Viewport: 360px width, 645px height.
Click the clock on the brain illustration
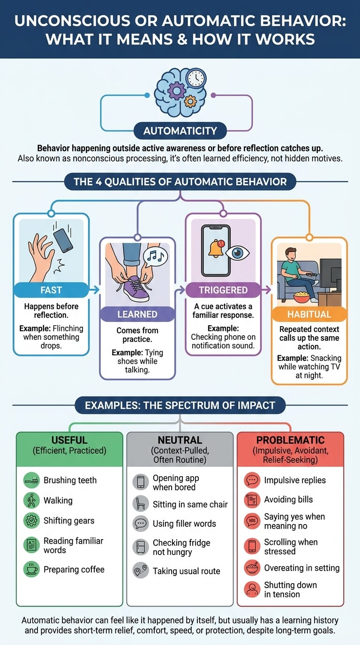tap(196, 78)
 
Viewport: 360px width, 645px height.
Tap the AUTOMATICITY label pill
tap(180, 131)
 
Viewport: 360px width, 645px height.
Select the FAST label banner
tap(51, 290)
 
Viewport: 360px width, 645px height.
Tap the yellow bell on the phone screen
tap(216, 248)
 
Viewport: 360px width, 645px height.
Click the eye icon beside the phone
tap(237, 253)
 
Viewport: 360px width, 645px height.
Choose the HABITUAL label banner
tap(309, 314)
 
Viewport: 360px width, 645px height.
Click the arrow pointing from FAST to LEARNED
tap(94, 290)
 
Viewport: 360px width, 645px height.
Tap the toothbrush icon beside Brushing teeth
tap(31, 480)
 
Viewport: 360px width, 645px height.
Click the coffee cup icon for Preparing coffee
tap(31, 569)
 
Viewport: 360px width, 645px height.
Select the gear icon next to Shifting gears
tap(31, 520)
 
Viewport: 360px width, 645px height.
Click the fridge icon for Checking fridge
tap(141, 547)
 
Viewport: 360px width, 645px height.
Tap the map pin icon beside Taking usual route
tap(141, 570)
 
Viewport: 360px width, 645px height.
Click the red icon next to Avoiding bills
tap(252, 500)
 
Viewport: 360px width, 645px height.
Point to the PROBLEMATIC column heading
tap(290, 440)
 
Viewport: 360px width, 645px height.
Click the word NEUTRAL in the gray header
tap(180, 440)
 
